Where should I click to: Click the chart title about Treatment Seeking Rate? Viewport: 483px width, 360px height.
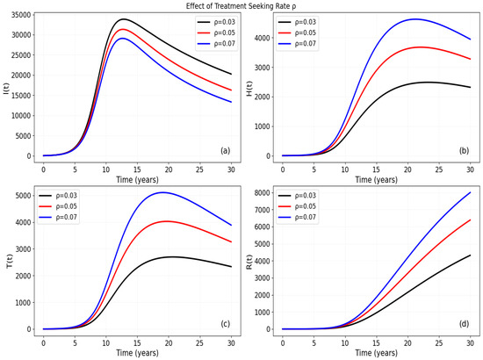coord(241,6)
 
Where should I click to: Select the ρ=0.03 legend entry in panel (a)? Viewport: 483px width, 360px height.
coord(216,22)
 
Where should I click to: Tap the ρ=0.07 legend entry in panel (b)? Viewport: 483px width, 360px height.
coord(297,44)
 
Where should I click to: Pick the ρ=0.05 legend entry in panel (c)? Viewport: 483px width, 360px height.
coord(58,206)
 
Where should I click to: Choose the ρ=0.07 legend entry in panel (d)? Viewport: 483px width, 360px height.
coord(297,217)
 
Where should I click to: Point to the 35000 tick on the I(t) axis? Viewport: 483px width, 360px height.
coord(21,15)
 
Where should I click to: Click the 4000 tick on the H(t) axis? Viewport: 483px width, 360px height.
coord(262,38)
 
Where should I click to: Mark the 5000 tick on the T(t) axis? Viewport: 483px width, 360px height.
coord(23,196)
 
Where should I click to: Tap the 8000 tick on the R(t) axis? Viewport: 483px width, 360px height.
coord(262,193)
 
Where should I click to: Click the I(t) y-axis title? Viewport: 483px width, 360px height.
coord(5,88)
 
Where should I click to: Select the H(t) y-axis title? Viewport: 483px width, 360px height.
coord(249,88)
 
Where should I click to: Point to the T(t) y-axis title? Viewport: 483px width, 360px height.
coord(10,261)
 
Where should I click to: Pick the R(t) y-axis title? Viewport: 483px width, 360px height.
coord(249,262)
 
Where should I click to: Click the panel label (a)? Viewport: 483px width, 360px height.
coord(225,151)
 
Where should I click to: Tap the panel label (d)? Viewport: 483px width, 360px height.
coord(465,324)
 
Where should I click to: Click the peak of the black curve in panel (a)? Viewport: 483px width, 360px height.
coord(124,19)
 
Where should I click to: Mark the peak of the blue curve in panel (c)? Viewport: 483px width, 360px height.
coord(162,192)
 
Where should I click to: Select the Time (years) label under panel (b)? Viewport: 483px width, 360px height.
coord(376,179)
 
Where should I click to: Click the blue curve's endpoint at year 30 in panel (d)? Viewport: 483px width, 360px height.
coord(470,192)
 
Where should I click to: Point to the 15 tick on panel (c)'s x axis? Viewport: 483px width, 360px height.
coord(137,342)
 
